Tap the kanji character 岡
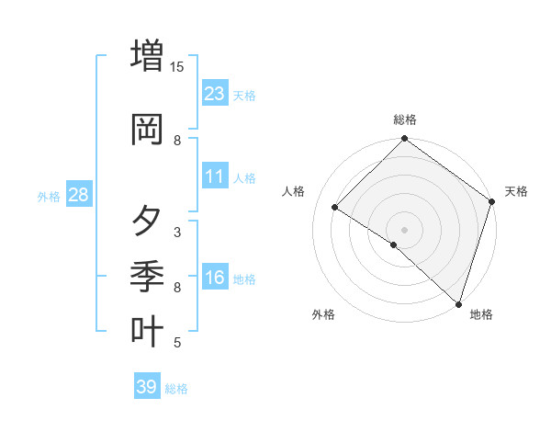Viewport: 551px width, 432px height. pos(147,130)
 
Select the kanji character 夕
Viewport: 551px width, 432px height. pos(147,221)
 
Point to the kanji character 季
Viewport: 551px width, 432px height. pos(147,274)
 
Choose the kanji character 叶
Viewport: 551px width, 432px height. pos(147,330)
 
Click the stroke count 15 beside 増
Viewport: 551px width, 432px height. pos(177,66)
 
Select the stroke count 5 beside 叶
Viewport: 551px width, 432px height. pos(177,343)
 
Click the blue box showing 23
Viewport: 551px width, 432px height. pos(215,93)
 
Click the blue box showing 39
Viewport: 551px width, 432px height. pos(147,387)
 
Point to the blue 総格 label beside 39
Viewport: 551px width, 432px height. pos(177,389)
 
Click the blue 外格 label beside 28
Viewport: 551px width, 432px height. pos(49,196)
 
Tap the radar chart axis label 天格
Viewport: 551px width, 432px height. pos(516,191)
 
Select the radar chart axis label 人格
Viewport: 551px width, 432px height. pos(294,191)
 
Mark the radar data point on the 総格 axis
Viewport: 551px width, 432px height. pos(404,140)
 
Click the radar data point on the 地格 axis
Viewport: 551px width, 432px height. pos(458,303)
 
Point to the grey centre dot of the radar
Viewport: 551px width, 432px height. pos(404,229)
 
